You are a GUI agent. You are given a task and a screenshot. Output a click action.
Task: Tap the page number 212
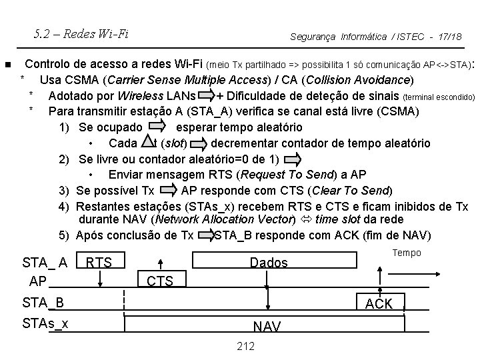point(245,347)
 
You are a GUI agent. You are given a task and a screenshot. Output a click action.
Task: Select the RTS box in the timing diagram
point(100,263)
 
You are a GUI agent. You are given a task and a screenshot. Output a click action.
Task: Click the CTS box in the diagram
point(160,281)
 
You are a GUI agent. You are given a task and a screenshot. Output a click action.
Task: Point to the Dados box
point(269,263)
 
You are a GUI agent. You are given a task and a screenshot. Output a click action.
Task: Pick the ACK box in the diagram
point(379,304)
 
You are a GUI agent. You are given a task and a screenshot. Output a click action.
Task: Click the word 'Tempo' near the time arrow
point(406,253)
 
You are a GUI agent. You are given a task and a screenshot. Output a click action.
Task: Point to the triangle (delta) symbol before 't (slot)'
point(149,143)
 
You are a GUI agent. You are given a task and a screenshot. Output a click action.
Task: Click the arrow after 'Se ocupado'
point(158,127)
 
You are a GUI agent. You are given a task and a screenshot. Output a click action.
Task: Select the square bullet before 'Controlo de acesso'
point(7,65)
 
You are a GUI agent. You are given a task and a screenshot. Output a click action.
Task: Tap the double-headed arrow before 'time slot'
point(305,219)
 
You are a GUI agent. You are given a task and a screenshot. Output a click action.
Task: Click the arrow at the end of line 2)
point(293,159)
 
